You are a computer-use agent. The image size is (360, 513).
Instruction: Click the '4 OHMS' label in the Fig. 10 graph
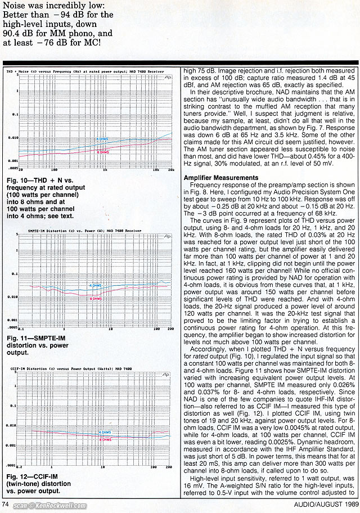[103, 138]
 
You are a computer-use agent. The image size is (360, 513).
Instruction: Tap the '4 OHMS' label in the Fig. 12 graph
[105, 432]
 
